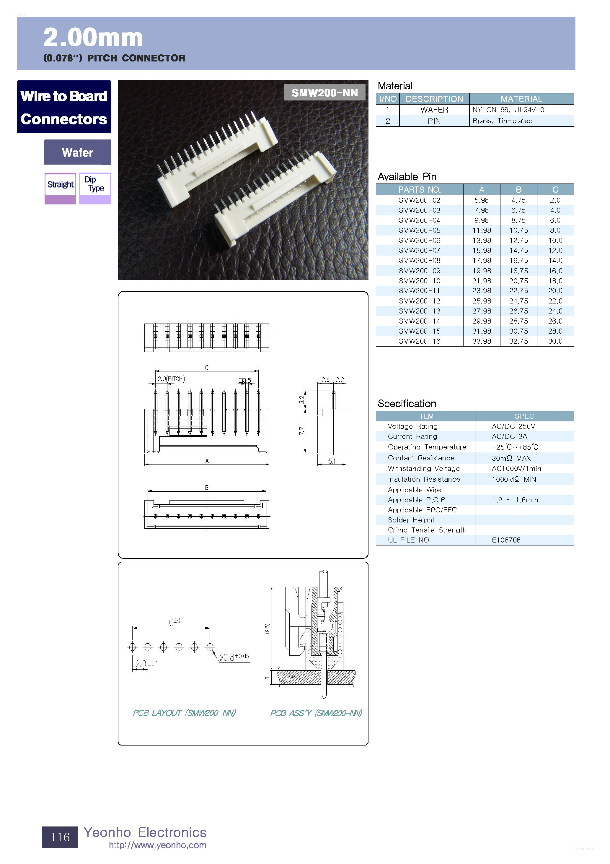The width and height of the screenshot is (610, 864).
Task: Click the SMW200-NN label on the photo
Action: click(x=324, y=92)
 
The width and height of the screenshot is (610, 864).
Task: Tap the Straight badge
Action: click(x=60, y=185)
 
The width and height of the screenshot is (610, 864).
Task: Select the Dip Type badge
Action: click(x=94, y=184)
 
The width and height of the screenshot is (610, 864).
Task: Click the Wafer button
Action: click(x=77, y=152)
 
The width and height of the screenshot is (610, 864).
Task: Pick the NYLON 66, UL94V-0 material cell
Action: click(x=508, y=110)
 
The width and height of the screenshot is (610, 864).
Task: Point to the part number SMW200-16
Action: click(x=419, y=341)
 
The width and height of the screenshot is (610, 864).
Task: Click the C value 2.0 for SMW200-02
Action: click(x=555, y=200)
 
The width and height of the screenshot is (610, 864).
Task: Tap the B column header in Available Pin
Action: click(x=518, y=190)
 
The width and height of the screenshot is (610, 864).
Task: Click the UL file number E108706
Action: click(x=506, y=540)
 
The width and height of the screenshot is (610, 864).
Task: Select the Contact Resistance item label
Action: click(x=421, y=458)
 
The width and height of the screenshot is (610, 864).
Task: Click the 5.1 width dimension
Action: click(x=332, y=461)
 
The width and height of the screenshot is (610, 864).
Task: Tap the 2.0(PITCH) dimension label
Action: click(x=171, y=379)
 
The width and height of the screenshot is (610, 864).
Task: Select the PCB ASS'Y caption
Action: click(x=316, y=713)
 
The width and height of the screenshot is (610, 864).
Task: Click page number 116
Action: click(x=60, y=837)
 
